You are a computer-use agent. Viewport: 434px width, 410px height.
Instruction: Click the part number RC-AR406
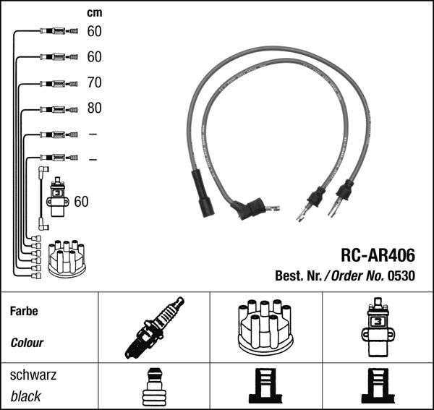(378, 255)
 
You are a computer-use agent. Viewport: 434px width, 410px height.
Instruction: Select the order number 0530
(401, 276)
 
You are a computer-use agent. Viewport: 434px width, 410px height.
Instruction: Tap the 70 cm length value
(94, 82)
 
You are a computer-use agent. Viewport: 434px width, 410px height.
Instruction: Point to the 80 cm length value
(94, 108)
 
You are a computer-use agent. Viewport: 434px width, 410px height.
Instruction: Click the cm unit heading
(94, 13)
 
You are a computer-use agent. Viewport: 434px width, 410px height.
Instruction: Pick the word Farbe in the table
(24, 312)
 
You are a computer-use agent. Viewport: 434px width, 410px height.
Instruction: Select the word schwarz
(33, 376)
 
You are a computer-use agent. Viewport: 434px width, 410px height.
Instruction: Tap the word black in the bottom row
(26, 396)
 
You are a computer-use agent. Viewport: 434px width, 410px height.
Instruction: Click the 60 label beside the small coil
(81, 201)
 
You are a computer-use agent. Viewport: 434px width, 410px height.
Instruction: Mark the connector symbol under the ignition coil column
(377, 387)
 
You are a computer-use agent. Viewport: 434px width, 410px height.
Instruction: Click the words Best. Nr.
(299, 276)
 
